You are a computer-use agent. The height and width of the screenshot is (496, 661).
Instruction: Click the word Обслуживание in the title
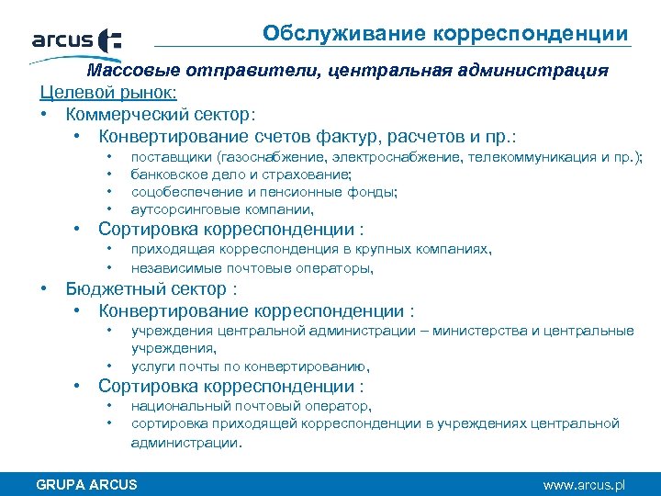click(x=320, y=34)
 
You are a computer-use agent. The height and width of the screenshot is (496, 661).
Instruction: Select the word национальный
click(x=174, y=406)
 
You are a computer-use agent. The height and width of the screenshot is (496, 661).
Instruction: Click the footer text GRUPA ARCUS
click(x=86, y=484)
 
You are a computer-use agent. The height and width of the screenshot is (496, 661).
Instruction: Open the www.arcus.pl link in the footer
click(x=584, y=484)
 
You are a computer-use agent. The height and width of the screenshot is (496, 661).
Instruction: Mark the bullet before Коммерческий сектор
click(x=44, y=115)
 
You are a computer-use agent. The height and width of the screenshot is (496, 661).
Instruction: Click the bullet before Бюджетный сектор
click(x=44, y=289)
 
